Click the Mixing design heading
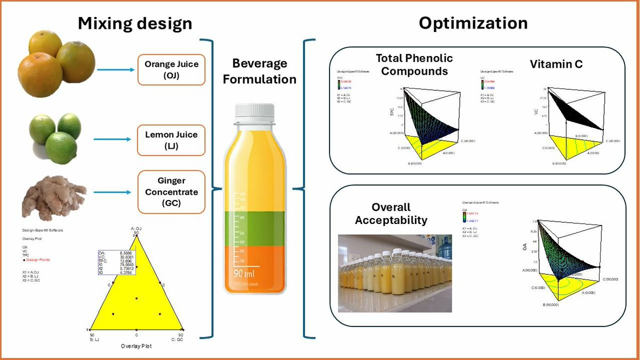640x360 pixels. pos(135,23)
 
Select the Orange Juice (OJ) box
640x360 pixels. pos(171,69)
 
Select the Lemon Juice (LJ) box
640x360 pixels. pos(171,140)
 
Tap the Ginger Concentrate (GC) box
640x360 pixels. pos(171,192)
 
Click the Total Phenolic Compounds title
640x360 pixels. pos(414,64)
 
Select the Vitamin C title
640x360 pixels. pos(556,64)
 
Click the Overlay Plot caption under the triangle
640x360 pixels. pos(136,346)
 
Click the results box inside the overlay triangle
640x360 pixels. pos(116,262)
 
